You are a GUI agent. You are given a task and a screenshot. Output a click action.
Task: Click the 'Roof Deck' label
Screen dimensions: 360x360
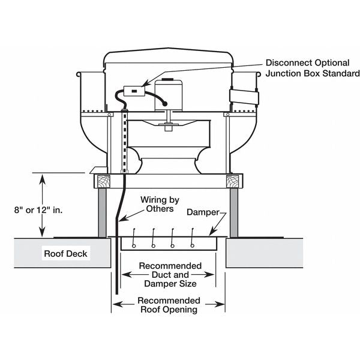tap(65, 253)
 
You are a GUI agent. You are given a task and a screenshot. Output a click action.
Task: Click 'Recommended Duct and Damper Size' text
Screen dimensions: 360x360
tap(170, 274)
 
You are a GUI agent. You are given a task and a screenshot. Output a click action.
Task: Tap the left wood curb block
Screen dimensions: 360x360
tap(101, 180)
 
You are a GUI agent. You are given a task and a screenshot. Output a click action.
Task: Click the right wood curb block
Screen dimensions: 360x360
tap(233, 180)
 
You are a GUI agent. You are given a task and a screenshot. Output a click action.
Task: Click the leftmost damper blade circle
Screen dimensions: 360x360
tap(134, 245)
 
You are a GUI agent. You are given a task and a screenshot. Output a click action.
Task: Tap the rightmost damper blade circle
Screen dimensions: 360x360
tap(192, 245)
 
